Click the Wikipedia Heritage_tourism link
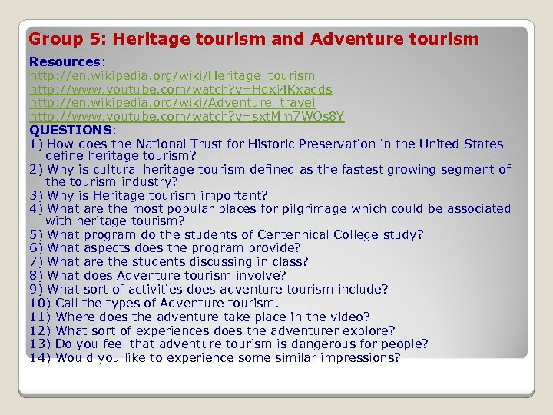click(172, 75)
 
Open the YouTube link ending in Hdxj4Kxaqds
click(180, 89)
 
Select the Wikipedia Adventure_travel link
click(172, 102)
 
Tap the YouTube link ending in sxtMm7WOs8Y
click(187, 116)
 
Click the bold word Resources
click(65, 61)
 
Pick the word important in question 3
click(230, 195)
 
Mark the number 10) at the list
click(40, 303)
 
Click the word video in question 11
click(349, 317)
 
